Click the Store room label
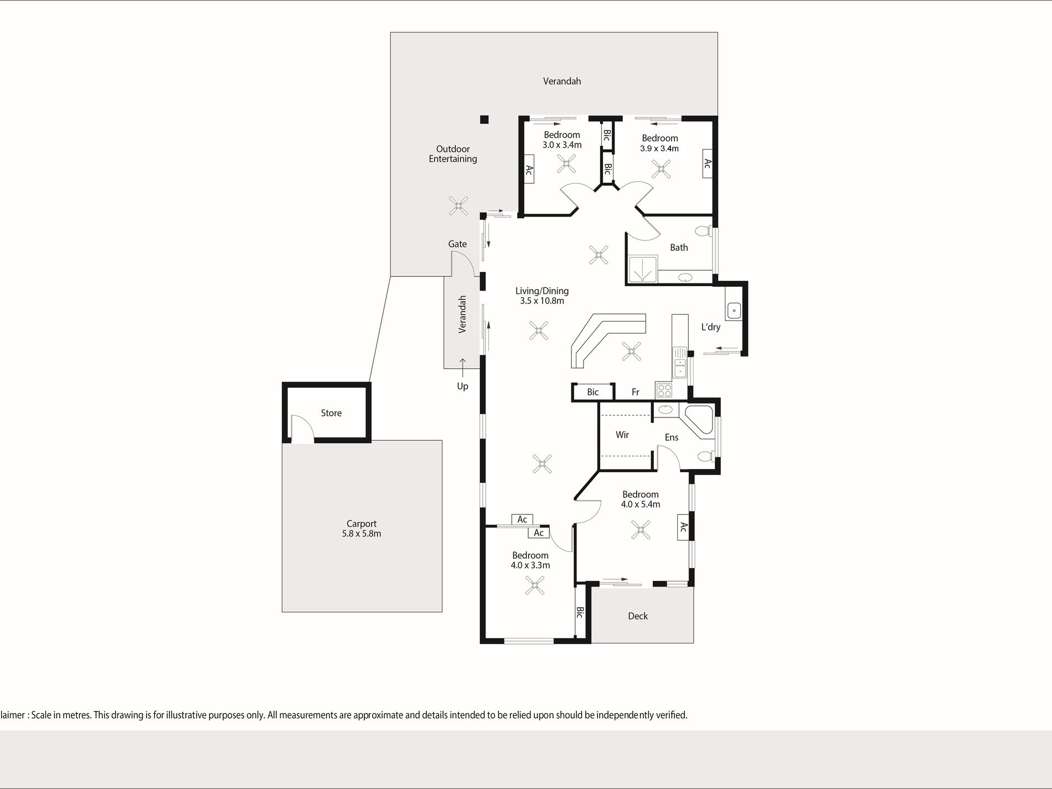(x=331, y=413)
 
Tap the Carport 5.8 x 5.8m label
(x=362, y=529)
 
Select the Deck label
(x=638, y=616)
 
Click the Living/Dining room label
(x=542, y=296)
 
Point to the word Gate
(x=457, y=244)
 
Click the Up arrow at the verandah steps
(x=462, y=364)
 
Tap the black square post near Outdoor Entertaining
(x=484, y=120)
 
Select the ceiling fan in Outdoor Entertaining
(x=458, y=207)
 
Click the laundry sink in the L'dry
(x=734, y=311)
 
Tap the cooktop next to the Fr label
(x=663, y=390)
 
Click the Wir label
(x=622, y=435)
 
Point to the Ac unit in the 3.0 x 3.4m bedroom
(x=529, y=171)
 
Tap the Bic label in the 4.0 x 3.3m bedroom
(x=580, y=612)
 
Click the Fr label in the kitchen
(x=636, y=392)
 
